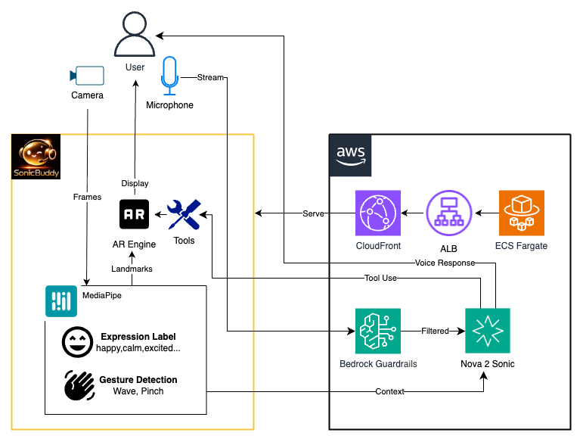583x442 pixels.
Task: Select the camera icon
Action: [87, 75]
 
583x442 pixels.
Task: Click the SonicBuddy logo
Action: [36, 158]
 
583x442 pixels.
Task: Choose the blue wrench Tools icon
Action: [183, 215]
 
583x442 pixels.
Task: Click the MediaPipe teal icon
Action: [60, 300]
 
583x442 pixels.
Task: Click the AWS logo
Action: [351, 154]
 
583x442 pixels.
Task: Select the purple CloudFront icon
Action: [377, 213]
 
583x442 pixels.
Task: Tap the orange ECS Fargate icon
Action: [521, 213]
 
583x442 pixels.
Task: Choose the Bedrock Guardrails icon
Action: [377, 331]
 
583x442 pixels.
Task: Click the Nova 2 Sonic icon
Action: [488, 331]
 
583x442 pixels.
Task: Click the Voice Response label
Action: [445, 263]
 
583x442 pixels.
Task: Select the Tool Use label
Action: [380, 279]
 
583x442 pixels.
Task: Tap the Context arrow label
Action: [389, 391]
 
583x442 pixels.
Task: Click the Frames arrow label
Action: [87, 196]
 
